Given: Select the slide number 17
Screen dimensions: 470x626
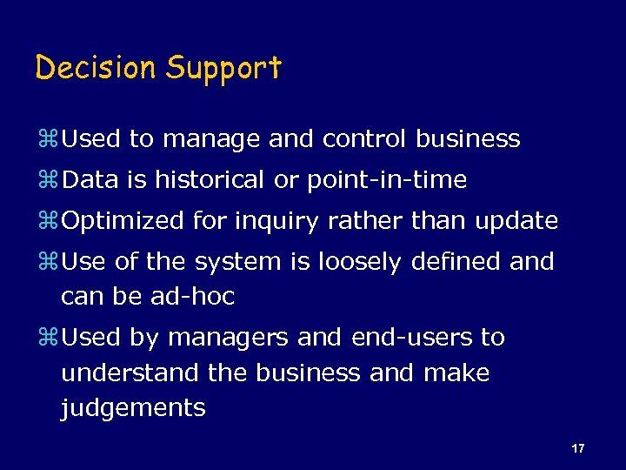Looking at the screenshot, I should click(x=578, y=448).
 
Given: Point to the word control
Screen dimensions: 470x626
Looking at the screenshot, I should click(x=363, y=139).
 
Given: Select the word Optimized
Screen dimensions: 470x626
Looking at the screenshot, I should click(x=123, y=221).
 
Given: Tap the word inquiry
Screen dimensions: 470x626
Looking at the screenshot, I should click(x=277, y=222).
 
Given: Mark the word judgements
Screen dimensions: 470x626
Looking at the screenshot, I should click(x=133, y=408).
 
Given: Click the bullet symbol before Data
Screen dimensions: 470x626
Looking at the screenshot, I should click(x=47, y=181).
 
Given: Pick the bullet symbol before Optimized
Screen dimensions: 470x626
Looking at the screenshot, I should click(x=47, y=222).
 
